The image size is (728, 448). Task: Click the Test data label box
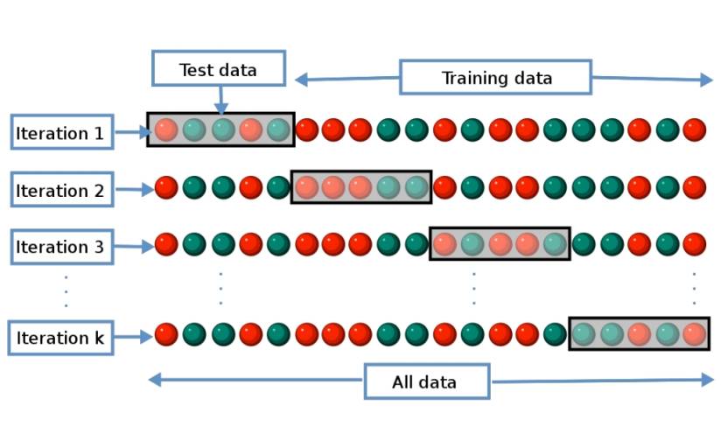[x=219, y=69]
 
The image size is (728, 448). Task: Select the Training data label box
[x=496, y=78]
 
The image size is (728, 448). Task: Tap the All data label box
[x=426, y=381]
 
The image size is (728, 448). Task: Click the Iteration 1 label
[x=60, y=133]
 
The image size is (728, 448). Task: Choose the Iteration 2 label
[x=60, y=190]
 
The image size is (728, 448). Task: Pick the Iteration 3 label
[x=60, y=247]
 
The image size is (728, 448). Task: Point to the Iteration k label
[x=60, y=338]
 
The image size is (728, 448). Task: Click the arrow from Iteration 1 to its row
[x=131, y=133]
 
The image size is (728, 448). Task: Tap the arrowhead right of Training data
[x=707, y=80]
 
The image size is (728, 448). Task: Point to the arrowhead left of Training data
[x=301, y=80]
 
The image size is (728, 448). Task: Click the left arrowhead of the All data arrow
[x=154, y=380]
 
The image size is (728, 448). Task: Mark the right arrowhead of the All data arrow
[x=708, y=380]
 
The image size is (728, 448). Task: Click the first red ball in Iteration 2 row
[x=166, y=187]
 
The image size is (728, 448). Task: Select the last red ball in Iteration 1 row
[x=694, y=130]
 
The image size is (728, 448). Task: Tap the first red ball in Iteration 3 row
[x=166, y=244]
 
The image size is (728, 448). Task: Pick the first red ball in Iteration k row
[x=166, y=334]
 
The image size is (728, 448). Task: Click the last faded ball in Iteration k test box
[x=694, y=334]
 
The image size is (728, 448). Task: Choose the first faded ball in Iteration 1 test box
[x=166, y=130]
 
